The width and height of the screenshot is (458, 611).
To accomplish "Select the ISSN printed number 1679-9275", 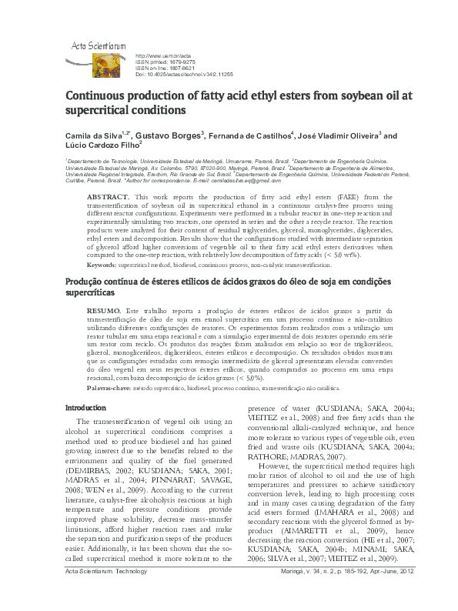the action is pyautogui.click(x=173, y=62).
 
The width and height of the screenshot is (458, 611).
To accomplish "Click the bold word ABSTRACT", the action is pyautogui.click(x=107, y=197).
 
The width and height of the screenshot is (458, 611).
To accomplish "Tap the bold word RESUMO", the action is pyautogui.click(x=103, y=309).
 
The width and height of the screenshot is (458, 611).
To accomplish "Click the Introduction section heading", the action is pyautogui.click(x=85, y=407).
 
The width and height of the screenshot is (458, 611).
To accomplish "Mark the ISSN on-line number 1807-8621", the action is pyautogui.click(x=175, y=68).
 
